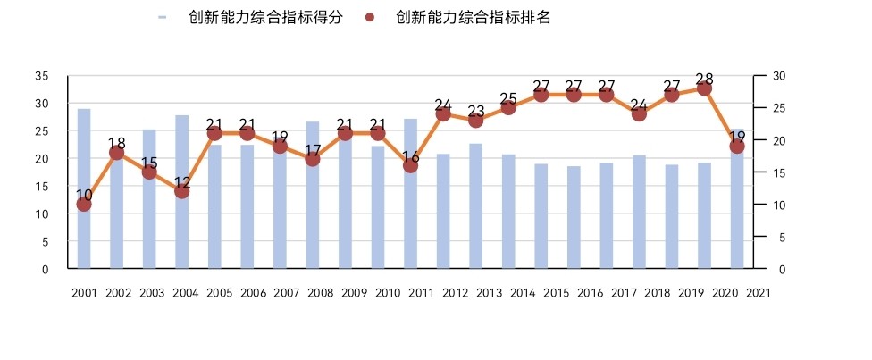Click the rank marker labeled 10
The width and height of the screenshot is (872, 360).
click(x=84, y=204)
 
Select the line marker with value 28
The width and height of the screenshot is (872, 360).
click(x=704, y=88)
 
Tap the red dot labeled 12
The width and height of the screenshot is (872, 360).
click(x=182, y=191)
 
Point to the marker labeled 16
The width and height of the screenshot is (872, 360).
click(x=411, y=165)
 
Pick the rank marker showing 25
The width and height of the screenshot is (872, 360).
click(x=508, y=107)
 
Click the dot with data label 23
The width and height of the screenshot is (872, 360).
click(x=475, y=120)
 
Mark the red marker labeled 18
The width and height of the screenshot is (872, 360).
click(x=117, y=153)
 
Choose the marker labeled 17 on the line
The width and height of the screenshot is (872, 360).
click(x=313, y=159)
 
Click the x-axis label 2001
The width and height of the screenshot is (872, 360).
click(x=84, y=292)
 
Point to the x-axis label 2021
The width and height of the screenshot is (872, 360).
click(x=758, y=292)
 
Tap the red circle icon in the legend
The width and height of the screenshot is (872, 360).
click(x=373, y=17)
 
